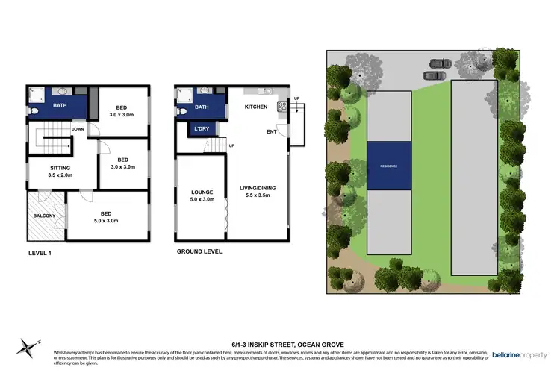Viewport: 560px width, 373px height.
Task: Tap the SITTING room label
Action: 60,169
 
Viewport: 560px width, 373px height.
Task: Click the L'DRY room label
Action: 202,129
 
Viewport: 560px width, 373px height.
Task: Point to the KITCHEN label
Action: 256,107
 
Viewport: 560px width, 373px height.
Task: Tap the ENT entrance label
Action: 271,133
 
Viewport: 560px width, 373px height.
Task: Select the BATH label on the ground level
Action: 202,107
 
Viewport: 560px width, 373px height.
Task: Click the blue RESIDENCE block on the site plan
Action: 388,166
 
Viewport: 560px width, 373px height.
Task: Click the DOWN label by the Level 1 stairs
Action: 78,129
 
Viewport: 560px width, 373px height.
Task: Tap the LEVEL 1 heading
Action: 41,251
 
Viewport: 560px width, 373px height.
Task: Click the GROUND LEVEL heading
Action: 199,251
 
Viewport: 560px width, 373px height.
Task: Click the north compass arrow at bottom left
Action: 30,344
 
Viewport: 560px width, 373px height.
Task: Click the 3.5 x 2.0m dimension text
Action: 60,177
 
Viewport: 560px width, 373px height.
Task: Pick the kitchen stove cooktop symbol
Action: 281,107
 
